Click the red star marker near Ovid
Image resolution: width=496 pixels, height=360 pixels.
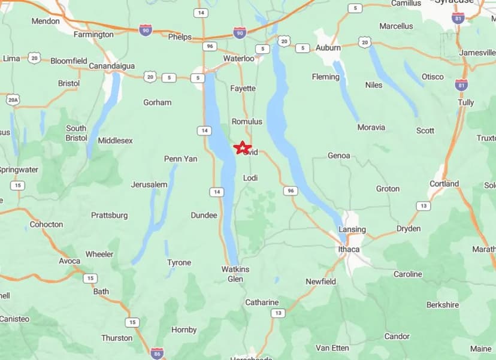tap(241, 147)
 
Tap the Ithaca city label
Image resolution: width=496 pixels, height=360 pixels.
tap(349, 249)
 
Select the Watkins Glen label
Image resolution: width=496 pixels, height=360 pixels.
tap(235, 274)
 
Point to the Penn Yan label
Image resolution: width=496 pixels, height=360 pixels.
tap(180, 159)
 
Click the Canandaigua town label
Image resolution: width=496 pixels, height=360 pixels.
tap(111, 66)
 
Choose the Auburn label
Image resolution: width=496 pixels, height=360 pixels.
tap(328, 48)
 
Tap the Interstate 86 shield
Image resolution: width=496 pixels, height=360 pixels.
tap(157, 353)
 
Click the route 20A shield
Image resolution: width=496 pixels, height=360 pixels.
tap(12, 99)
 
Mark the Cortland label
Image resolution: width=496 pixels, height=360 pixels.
tap(444, 184)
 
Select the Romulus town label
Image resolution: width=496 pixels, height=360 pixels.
tap(247, 122)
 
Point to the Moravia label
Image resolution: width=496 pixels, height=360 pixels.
tap(371, 127)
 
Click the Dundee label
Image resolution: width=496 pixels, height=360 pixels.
tap(204, 215)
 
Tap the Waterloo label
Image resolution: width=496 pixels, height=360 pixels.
tap(239, 58)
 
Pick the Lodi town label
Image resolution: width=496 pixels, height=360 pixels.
tap(250, 178)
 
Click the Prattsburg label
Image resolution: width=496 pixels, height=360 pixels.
tap(109, 215)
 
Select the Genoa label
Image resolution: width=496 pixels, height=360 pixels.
tap(338, 156)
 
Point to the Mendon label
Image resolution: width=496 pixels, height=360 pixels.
tap(46, 21)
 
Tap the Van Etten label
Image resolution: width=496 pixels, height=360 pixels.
tap(332, 347)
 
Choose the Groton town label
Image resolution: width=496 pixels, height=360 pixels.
tap(388, 189)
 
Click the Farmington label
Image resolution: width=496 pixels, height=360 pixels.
tap(93, 35)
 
